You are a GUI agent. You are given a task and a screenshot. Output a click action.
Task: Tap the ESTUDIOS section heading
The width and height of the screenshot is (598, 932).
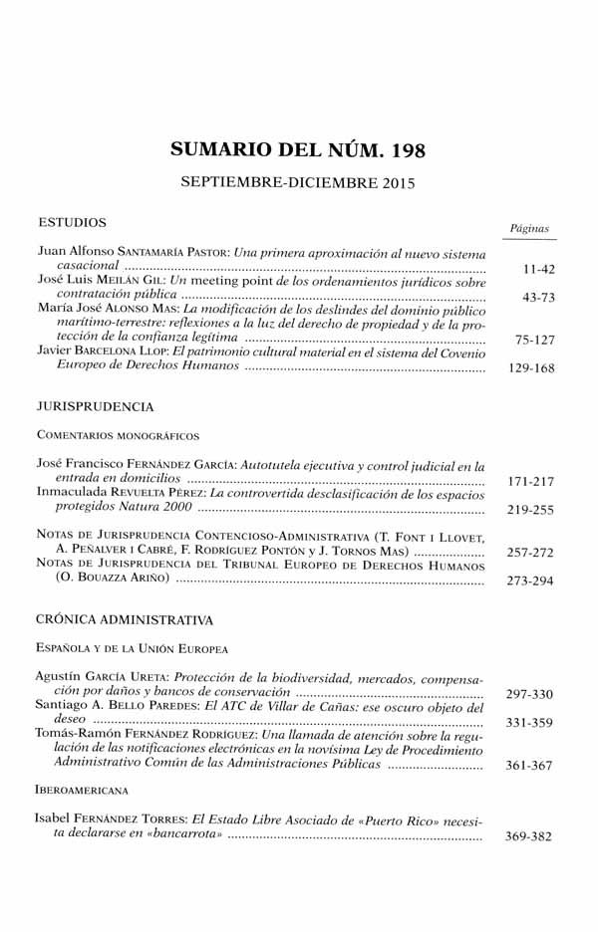pos(71,222)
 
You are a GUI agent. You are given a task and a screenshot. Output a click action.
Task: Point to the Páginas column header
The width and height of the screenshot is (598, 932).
pos(529,229)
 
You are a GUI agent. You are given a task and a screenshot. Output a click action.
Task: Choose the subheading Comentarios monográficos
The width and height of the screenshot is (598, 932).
pos(118,435)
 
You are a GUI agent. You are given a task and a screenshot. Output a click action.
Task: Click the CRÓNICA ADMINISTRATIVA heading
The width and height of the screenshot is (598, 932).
pos(124,619)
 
